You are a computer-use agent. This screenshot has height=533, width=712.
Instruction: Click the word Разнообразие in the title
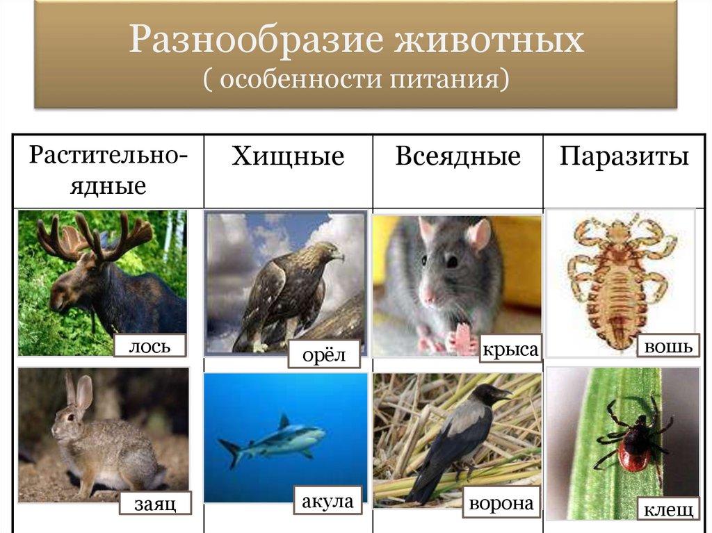tap(256, 40)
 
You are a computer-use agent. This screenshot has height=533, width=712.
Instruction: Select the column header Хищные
tap(288, 156)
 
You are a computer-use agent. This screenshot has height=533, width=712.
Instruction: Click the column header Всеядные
tap(458, 156)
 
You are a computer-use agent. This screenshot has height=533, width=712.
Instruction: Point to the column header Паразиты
tap(624, 156)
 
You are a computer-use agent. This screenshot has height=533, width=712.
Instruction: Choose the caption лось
tap(150, 346)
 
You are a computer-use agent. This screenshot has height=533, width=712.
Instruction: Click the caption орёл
tap(324, 354)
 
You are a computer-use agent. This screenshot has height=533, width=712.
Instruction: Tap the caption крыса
tap(510, 350)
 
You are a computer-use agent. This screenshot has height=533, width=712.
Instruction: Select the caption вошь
tap(668, 346)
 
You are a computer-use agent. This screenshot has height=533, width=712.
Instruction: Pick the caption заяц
tap(155, 504)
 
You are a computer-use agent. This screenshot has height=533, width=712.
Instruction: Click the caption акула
tap(327, 501)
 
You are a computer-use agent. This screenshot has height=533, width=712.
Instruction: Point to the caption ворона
tap(501, 503)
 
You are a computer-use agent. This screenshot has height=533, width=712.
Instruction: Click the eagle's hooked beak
tap(339, 257)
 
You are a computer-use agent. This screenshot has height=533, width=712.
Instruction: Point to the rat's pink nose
tap(428, 297)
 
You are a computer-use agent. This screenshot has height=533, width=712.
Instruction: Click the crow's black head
tap(489, 392)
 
